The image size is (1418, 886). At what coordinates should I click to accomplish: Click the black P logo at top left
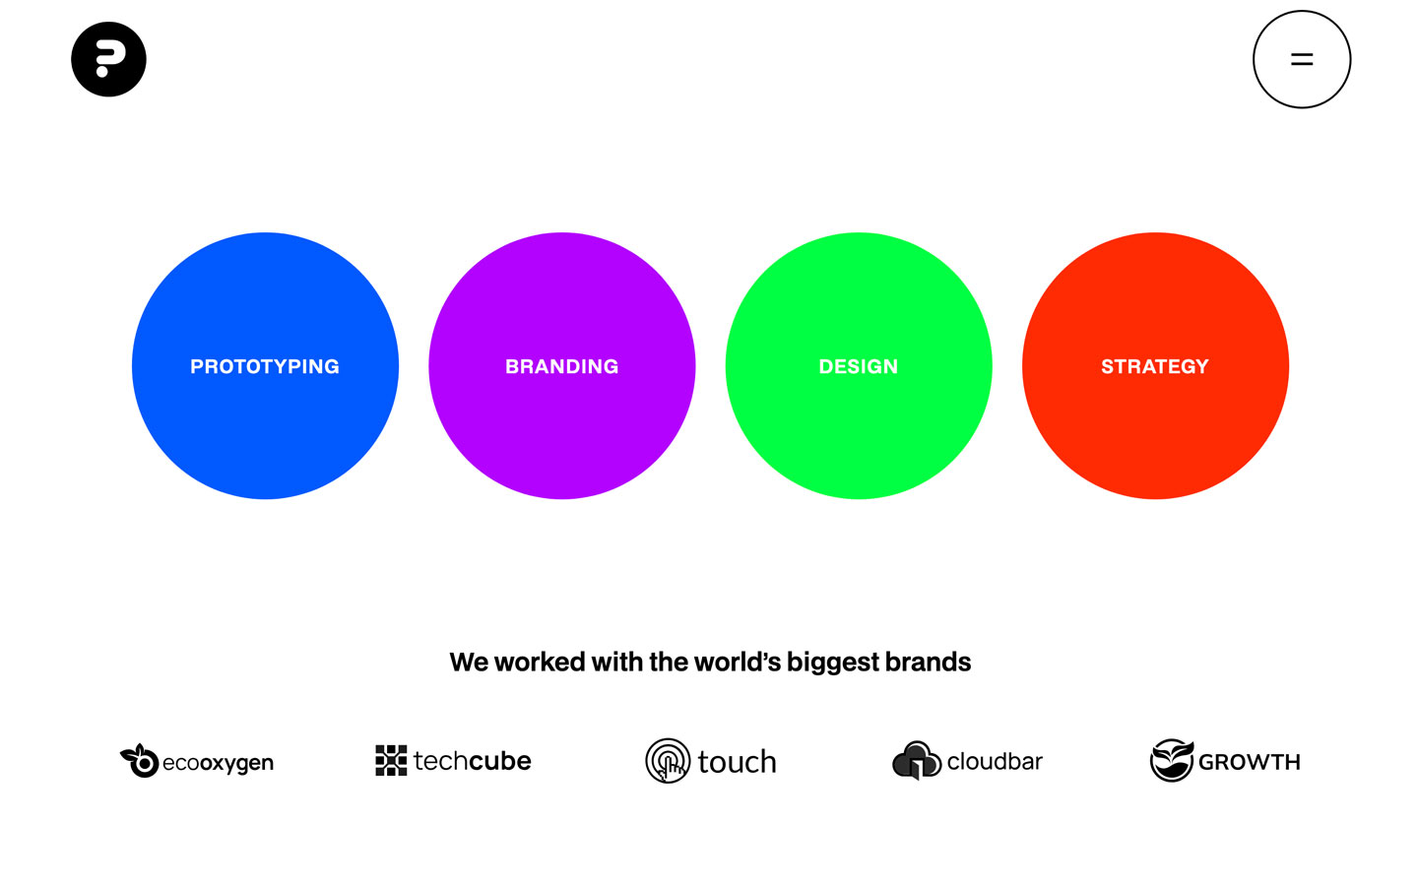click(109, 59)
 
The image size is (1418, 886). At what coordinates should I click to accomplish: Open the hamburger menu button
click(1302, 59)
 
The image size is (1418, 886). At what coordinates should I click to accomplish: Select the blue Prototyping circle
click(265, 366)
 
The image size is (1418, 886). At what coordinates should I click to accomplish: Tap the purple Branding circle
click(562, 366)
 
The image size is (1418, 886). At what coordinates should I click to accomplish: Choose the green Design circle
click(859, 366)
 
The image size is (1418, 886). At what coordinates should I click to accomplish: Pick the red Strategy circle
click(1155, 366)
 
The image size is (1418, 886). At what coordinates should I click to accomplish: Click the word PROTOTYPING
click(265, 366)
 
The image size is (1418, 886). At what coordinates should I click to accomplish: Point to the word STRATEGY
click(1155, 366)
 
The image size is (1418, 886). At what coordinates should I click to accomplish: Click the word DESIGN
click(859, 366)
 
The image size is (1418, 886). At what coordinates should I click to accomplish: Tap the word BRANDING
click(562, 366)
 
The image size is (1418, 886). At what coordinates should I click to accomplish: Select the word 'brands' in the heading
click(928, 662)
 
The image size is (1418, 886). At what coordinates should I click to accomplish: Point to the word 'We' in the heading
click(469, 663)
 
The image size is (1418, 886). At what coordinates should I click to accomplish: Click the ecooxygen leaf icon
click(139, 761)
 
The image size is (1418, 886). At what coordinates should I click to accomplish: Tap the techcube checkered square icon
click(391, 760)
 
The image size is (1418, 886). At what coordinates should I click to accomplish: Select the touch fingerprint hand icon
click(668, 761)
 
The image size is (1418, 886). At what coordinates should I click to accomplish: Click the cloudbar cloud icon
click(916, 760)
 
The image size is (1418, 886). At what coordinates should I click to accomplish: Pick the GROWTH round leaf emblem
click(1172, 760)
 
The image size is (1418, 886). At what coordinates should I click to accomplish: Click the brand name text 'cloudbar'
click(995, 761)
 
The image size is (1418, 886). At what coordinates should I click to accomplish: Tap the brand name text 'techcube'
click(473, 761)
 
